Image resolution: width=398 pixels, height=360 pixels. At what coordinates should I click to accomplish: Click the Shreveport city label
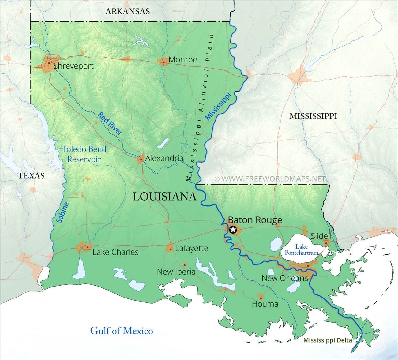point(73,66)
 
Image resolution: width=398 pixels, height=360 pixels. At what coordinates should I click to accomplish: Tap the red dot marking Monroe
point(164,62)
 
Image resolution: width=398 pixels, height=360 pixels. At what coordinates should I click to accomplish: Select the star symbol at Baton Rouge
point(233,229)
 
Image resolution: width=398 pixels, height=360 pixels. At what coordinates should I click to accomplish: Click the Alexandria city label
point(164,158)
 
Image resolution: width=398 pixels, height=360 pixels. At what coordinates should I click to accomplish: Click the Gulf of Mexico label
point(122,331)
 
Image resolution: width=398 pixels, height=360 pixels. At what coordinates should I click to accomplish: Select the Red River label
point(110,124)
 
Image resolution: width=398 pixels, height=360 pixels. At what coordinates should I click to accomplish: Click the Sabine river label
point(62,212)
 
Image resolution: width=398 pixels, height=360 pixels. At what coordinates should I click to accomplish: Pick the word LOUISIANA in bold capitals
point(164,197)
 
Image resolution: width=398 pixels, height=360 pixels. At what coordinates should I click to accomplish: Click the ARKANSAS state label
point(127,12)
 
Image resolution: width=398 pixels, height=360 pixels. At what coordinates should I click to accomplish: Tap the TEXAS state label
point(31,175)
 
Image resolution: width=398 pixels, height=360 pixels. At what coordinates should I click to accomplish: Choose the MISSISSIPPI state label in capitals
point(313,116)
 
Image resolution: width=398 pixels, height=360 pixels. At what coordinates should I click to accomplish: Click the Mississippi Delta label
point(328,340)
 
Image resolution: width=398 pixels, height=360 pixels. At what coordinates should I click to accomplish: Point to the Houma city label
point(265,304)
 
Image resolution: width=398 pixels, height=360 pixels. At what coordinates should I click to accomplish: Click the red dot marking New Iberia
point(185,265)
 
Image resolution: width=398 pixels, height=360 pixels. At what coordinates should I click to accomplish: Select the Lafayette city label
point(191,248)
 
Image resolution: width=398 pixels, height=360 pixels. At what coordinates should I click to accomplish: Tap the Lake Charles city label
point(115,252)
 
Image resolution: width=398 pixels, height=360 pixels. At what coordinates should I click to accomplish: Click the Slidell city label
point(321,236)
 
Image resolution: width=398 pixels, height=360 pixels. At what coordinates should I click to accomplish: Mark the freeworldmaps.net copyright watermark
point(270,178)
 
